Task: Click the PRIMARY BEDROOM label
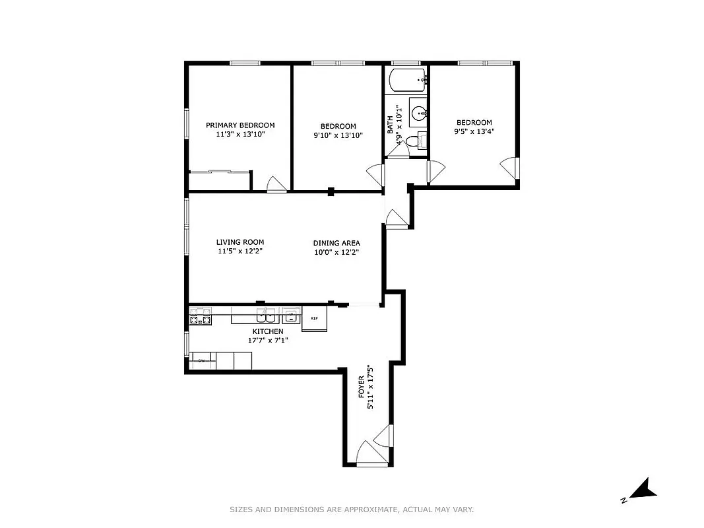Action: click(x=240, y=125)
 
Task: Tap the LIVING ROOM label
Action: click(x=240, y=242)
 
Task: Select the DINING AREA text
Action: click(x=336, y=243)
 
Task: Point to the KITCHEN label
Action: click(x=268, y=331)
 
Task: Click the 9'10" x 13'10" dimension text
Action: click(x=338, y=135)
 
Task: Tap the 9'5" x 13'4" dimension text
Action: click(x=474, y=131)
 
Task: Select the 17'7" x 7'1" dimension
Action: click(x=268, y=341)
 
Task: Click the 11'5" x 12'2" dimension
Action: click(x=240, y=251)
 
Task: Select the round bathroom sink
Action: click(x=419, y=112)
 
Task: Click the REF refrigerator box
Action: click(x=315, y=319)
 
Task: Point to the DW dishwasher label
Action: click(x=201, y=361)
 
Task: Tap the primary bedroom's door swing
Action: click(x=276, y=185)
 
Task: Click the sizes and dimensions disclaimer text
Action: click(x=352, y=510)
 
